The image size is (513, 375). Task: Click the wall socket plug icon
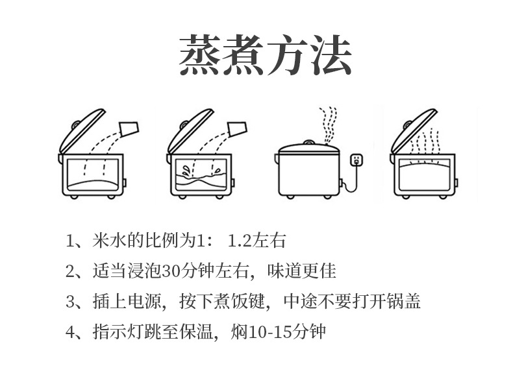click(x=356, y=159)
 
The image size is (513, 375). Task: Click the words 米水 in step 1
click(x=109, y=241)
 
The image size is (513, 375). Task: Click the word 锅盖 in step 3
click(x=407, y=302)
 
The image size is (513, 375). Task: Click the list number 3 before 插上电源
click(x=71, y=302)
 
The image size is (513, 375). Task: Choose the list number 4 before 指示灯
click(x=71, y=333)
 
